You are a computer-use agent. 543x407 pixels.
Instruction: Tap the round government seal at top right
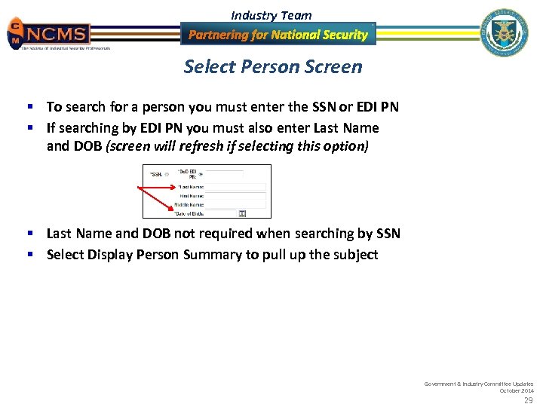pyautogui.click(x=505, y=32)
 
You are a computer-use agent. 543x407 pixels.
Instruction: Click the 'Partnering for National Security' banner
pyautogui.click(x=278, y=35)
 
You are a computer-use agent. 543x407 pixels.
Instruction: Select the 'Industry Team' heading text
pyautogui.click(x=271, y=15)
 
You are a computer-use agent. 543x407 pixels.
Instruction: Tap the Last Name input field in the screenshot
pyautogui.click(x=235, y=186)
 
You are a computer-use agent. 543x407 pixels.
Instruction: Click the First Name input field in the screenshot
pyautogui.click(x=235, y=195)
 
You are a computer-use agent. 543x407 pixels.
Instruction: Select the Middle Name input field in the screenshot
pyautogui.click(x=235, y=204)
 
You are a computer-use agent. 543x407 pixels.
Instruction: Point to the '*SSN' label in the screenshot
pyautogui.click(x=156, y=174)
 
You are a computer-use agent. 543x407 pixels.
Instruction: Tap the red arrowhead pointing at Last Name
pyautogui.click(x=176, y=188)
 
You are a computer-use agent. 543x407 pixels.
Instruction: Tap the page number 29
pyautogui.click(x=528, y=399)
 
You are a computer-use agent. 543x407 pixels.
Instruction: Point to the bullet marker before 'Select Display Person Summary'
pyautogui.click(x=37, y=255)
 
